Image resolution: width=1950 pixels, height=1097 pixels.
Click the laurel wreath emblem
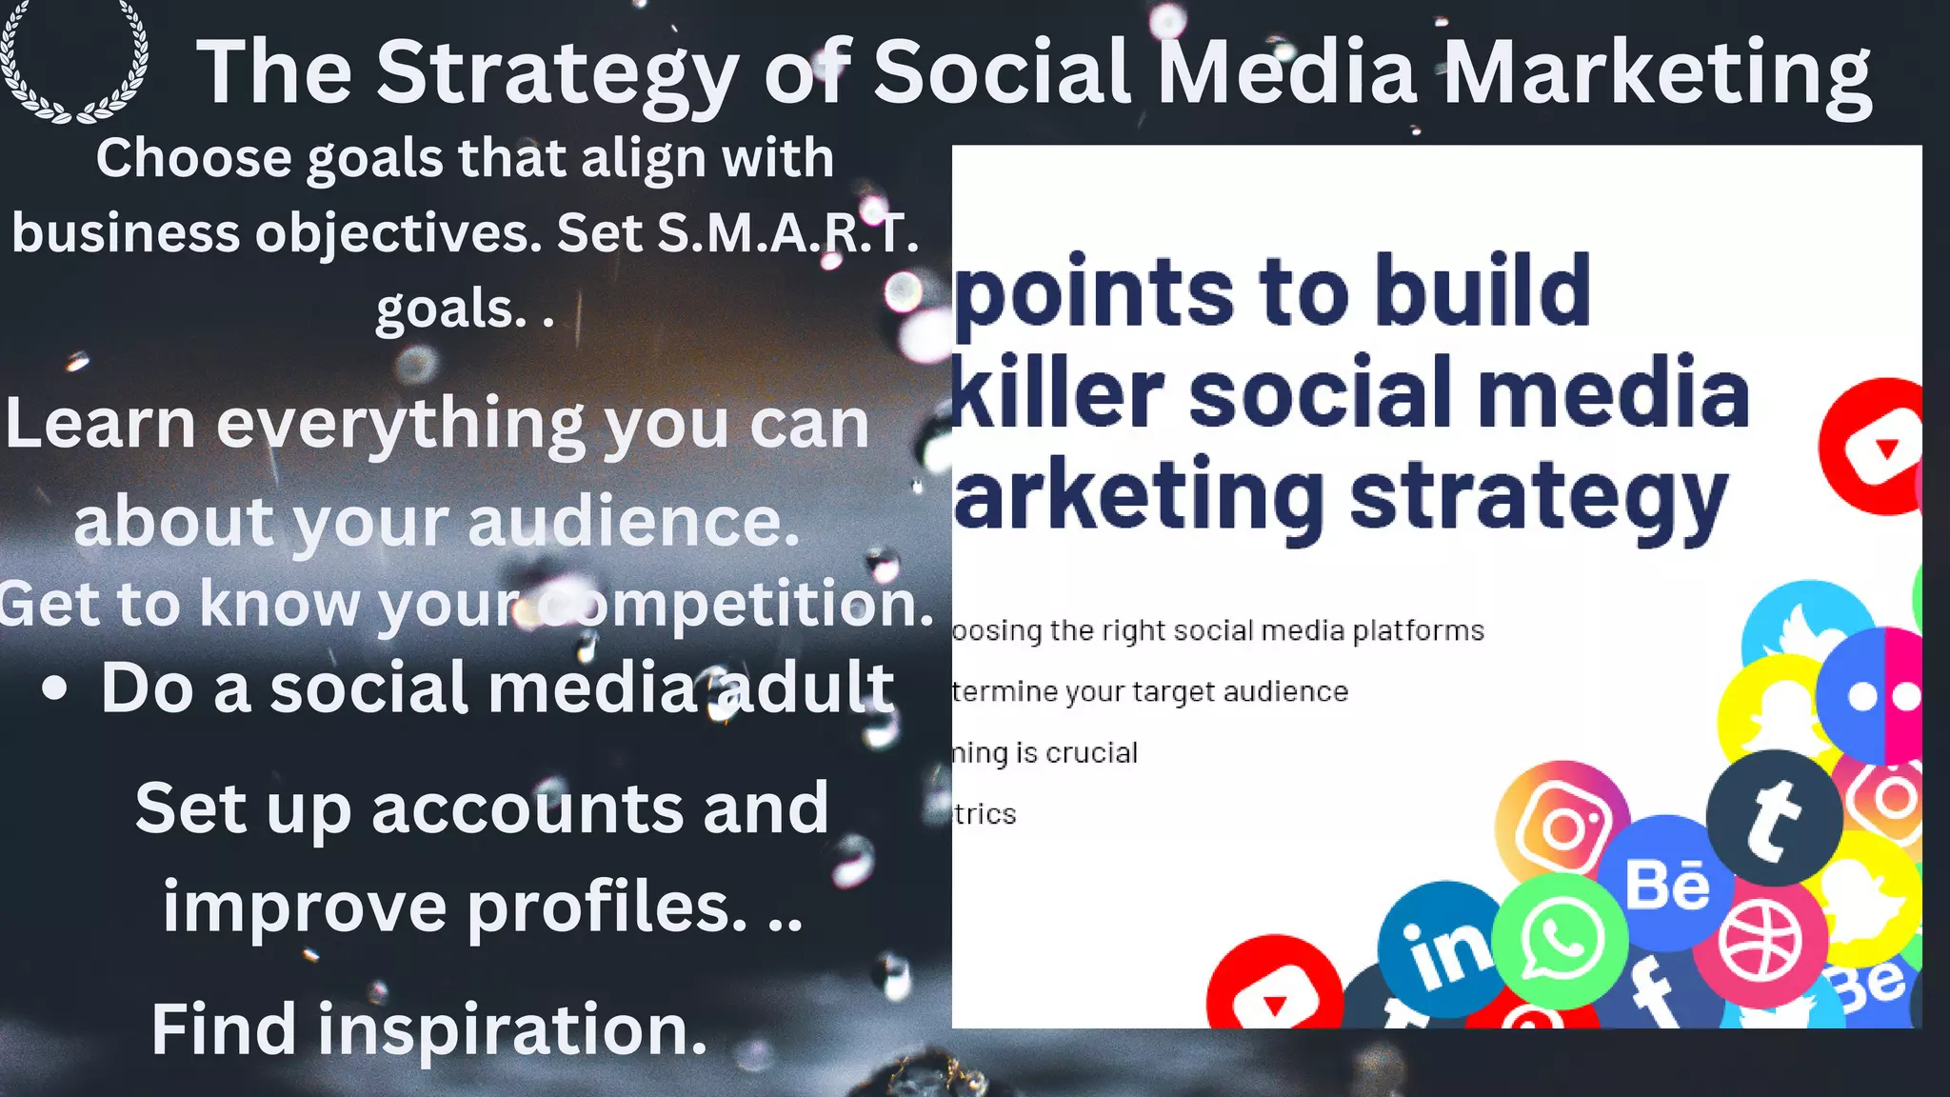click(74, 63)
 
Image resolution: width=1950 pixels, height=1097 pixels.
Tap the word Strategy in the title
click(557, 74)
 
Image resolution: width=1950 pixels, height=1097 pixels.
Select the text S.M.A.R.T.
click(787, 233)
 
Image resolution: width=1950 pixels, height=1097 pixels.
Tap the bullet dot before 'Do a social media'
click(55, 688)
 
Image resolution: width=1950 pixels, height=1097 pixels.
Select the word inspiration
click(512, 1029)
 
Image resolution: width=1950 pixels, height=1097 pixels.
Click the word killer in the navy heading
click(1057, 392)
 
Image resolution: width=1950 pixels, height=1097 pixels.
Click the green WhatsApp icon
click(1561, 941)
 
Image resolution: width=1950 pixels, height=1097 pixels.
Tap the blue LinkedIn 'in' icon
click(1443, 948)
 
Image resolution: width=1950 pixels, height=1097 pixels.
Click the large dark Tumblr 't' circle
click(1773, 817)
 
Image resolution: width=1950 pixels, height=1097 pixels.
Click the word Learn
click(100, 424)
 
